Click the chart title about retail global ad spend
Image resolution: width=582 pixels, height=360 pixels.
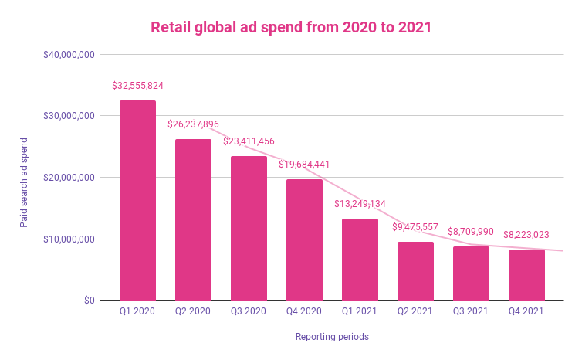(291, 28)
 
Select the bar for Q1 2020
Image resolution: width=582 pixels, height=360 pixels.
(137, 200)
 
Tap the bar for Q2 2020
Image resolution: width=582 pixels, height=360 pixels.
(193, 219)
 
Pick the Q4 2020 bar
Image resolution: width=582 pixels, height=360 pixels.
(304, 239)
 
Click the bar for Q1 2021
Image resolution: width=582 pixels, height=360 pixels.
(360, 260)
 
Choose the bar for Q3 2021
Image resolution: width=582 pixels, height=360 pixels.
(471, 273)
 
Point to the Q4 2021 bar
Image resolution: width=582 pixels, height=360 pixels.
(526, 274)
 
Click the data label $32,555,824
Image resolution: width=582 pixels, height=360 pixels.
(137, 85)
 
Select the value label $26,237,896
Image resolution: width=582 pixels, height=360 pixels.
(194, 124)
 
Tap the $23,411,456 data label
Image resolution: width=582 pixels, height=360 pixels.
(249, 141)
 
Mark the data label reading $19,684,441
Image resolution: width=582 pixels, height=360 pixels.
(304, 164)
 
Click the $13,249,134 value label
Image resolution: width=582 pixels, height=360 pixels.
(360, 204)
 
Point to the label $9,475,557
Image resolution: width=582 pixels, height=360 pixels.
(415, 227)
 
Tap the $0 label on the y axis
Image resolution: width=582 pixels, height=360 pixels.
(89, 301)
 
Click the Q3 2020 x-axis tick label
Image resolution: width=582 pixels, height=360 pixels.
(249, 312)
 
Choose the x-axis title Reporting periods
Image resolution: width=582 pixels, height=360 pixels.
(332, 337)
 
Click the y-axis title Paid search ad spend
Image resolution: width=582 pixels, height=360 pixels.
(24, 178)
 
